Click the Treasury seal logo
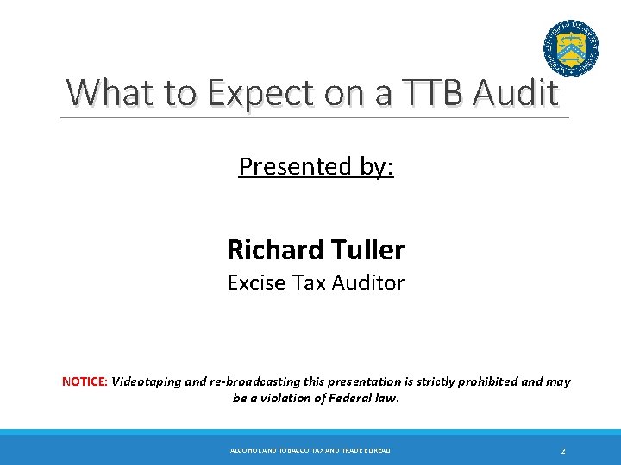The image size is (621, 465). (x=571, y=47)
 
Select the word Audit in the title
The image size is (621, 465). (x=516, y=93)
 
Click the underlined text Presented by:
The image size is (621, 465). (x=316, y=166)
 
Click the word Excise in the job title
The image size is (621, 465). (x=255, y=282)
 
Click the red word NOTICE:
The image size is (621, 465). (x=85, y=381)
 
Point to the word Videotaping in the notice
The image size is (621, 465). (x=147, y=381)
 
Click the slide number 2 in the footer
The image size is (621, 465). (x=562, y=451)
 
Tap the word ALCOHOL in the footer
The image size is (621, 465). (x=246, y=451)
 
